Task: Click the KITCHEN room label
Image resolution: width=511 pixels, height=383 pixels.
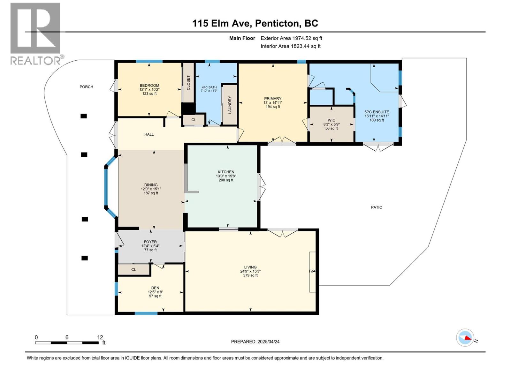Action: (x=226, y=172)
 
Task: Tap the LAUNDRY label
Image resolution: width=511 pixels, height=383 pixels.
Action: (x=230, y=105)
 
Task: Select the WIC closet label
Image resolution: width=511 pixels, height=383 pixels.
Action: (x=332, y=120)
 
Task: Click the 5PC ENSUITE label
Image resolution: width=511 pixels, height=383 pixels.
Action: (x=377, y=112)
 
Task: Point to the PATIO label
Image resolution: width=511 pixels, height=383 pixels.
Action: (x=377, y=207)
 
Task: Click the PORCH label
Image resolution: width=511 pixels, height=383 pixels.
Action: (x=86, y=87)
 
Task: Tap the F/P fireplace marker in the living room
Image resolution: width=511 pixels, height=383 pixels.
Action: (x=312, y=271)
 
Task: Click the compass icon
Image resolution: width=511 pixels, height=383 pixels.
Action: (x=465, y=338)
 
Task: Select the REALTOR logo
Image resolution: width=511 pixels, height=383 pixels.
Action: (x=35, y=34)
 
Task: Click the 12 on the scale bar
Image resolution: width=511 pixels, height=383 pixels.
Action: (x=100, y=337)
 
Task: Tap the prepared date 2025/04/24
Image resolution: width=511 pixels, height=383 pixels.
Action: (x=268, y=342)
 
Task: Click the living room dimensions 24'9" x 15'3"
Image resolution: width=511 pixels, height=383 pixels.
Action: (x=250, y=271)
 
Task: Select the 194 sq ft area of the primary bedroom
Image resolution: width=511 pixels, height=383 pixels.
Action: (x=273, y=107)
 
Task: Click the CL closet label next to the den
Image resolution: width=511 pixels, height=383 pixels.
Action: (x=133, y=270)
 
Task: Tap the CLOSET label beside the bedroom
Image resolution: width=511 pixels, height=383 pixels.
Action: (x=188, y=83)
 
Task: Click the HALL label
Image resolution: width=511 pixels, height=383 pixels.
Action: (x=149, y=134)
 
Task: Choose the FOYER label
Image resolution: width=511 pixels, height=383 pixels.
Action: (x=150, y=242)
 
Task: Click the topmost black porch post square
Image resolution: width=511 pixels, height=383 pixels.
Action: (x=83, y=116)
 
